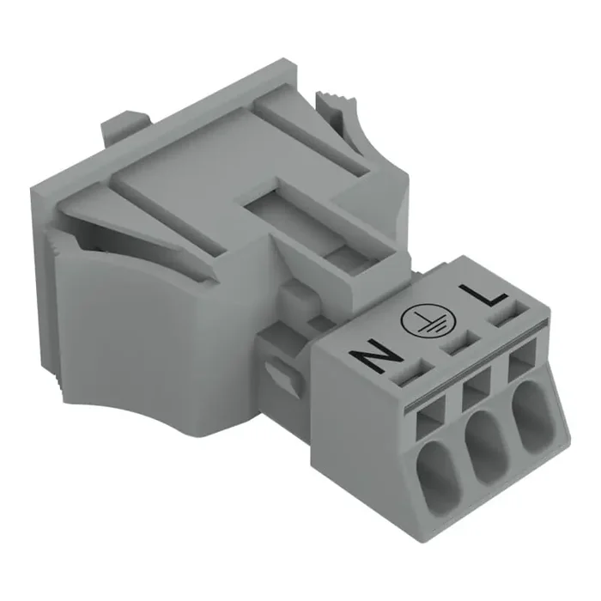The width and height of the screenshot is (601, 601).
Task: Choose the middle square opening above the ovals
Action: click(475, 395)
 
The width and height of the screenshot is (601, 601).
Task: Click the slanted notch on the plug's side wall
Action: click(278, 373)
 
